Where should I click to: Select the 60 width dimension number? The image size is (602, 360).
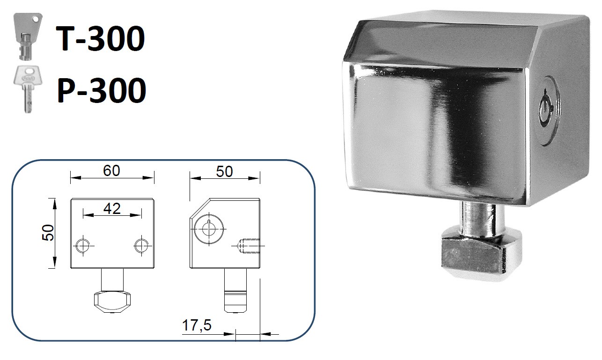(112, 171)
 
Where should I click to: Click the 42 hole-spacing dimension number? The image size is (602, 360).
(112, 209)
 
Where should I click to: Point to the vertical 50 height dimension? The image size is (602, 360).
(48, 233)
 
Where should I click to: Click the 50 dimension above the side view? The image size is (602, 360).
(224, 171)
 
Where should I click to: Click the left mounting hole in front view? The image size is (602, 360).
(83, 245)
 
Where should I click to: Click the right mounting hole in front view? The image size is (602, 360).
(141, 245)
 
